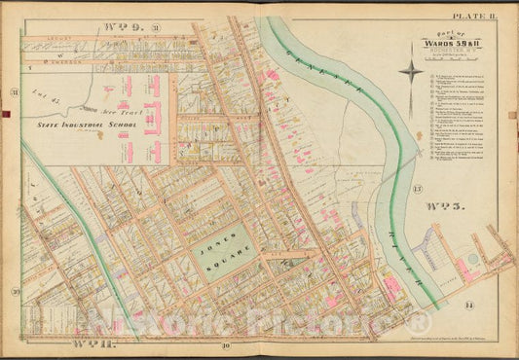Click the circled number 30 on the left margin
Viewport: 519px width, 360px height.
pyautogui.click(x=15, y=291)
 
